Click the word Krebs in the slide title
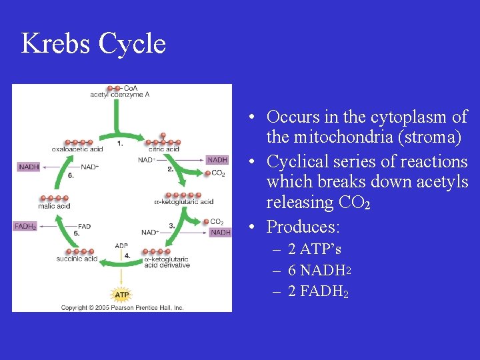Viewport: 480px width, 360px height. pos(55,44)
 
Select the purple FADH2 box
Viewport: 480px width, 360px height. pos(25,227)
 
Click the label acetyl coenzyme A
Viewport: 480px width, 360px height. pos(120,95)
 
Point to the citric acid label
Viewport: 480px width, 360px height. pos(163,149)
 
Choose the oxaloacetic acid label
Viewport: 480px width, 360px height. pos(77,149)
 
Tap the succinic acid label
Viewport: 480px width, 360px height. pos(77,259)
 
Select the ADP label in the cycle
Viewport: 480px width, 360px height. pos(121,245)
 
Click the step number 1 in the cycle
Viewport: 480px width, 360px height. pos(119,143)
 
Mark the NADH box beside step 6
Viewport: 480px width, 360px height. pos(29,167)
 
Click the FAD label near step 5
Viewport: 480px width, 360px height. pos(84,227)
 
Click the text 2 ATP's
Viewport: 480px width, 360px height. pos(314,249)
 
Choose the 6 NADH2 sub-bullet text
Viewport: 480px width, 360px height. pos(319,270)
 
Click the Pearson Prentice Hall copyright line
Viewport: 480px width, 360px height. pos(122,307)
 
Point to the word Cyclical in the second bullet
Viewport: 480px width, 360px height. pos(299,162)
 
